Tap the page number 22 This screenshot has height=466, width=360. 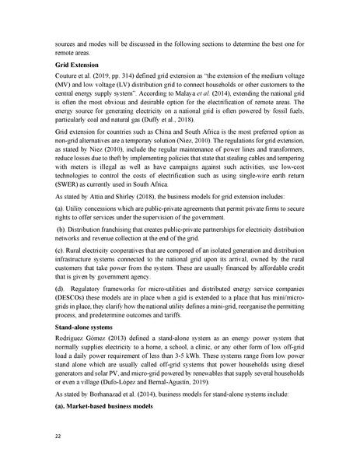pos(57,436)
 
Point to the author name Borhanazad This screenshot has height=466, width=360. pos(106,396)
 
